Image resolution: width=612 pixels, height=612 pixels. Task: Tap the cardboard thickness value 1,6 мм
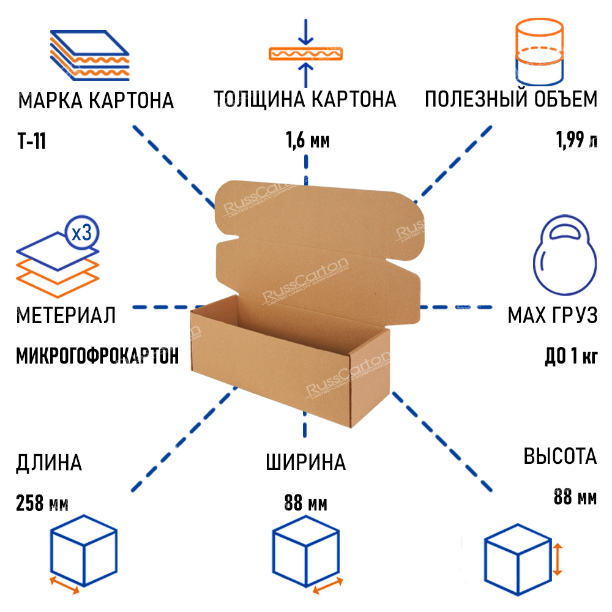(x=307, y=141)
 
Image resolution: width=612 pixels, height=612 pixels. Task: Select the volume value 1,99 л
(x=576, y=141)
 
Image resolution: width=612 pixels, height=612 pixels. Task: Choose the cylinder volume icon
(x=539, y=51)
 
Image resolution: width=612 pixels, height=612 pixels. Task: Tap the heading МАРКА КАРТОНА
(x=96, y=100)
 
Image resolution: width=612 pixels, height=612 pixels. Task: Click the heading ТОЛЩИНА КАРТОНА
(x=305, y=99)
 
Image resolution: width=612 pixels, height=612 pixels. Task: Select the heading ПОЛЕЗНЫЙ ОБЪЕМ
(x=511, y=99)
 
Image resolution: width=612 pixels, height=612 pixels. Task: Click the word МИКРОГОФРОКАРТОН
(x=97, y=356)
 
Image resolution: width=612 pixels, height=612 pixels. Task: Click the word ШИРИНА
(x=305, y=463)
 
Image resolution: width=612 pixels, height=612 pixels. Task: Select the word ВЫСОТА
(x=559, y=457)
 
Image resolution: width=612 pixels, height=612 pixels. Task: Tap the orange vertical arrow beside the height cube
(x=557, y=558)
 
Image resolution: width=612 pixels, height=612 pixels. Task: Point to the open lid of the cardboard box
(x=318, y=245)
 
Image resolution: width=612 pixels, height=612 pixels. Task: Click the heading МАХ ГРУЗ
(x=551, y=316)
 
